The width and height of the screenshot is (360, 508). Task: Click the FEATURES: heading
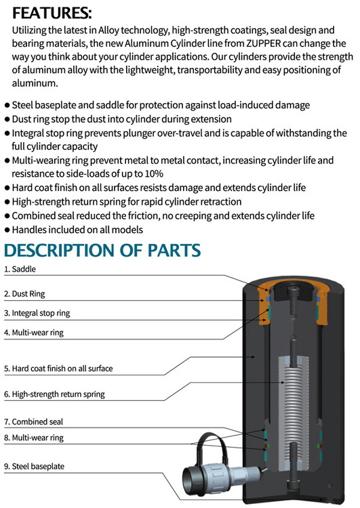[52, 14]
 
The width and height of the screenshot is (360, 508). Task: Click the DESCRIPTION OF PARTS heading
[102, 251]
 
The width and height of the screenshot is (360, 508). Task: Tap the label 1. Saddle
[20, 269]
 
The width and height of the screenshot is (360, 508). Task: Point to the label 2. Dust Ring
[24, 293]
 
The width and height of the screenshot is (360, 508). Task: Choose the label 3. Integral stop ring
[37, 313]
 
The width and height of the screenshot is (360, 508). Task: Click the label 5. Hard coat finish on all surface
[58, 368]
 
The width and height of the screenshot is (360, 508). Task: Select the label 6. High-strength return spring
[54, 394]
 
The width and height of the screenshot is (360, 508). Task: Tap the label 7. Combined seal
[33, 421]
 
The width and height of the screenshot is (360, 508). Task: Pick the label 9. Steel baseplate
[34, 466]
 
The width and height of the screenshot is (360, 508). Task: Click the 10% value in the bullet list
[154, 173]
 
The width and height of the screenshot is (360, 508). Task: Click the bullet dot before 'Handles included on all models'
[7, 230]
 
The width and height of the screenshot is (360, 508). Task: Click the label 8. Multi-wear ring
[34, 438]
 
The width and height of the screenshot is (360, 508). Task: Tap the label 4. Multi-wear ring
[34, 333]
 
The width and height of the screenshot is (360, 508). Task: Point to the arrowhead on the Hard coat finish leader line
[254, 357]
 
